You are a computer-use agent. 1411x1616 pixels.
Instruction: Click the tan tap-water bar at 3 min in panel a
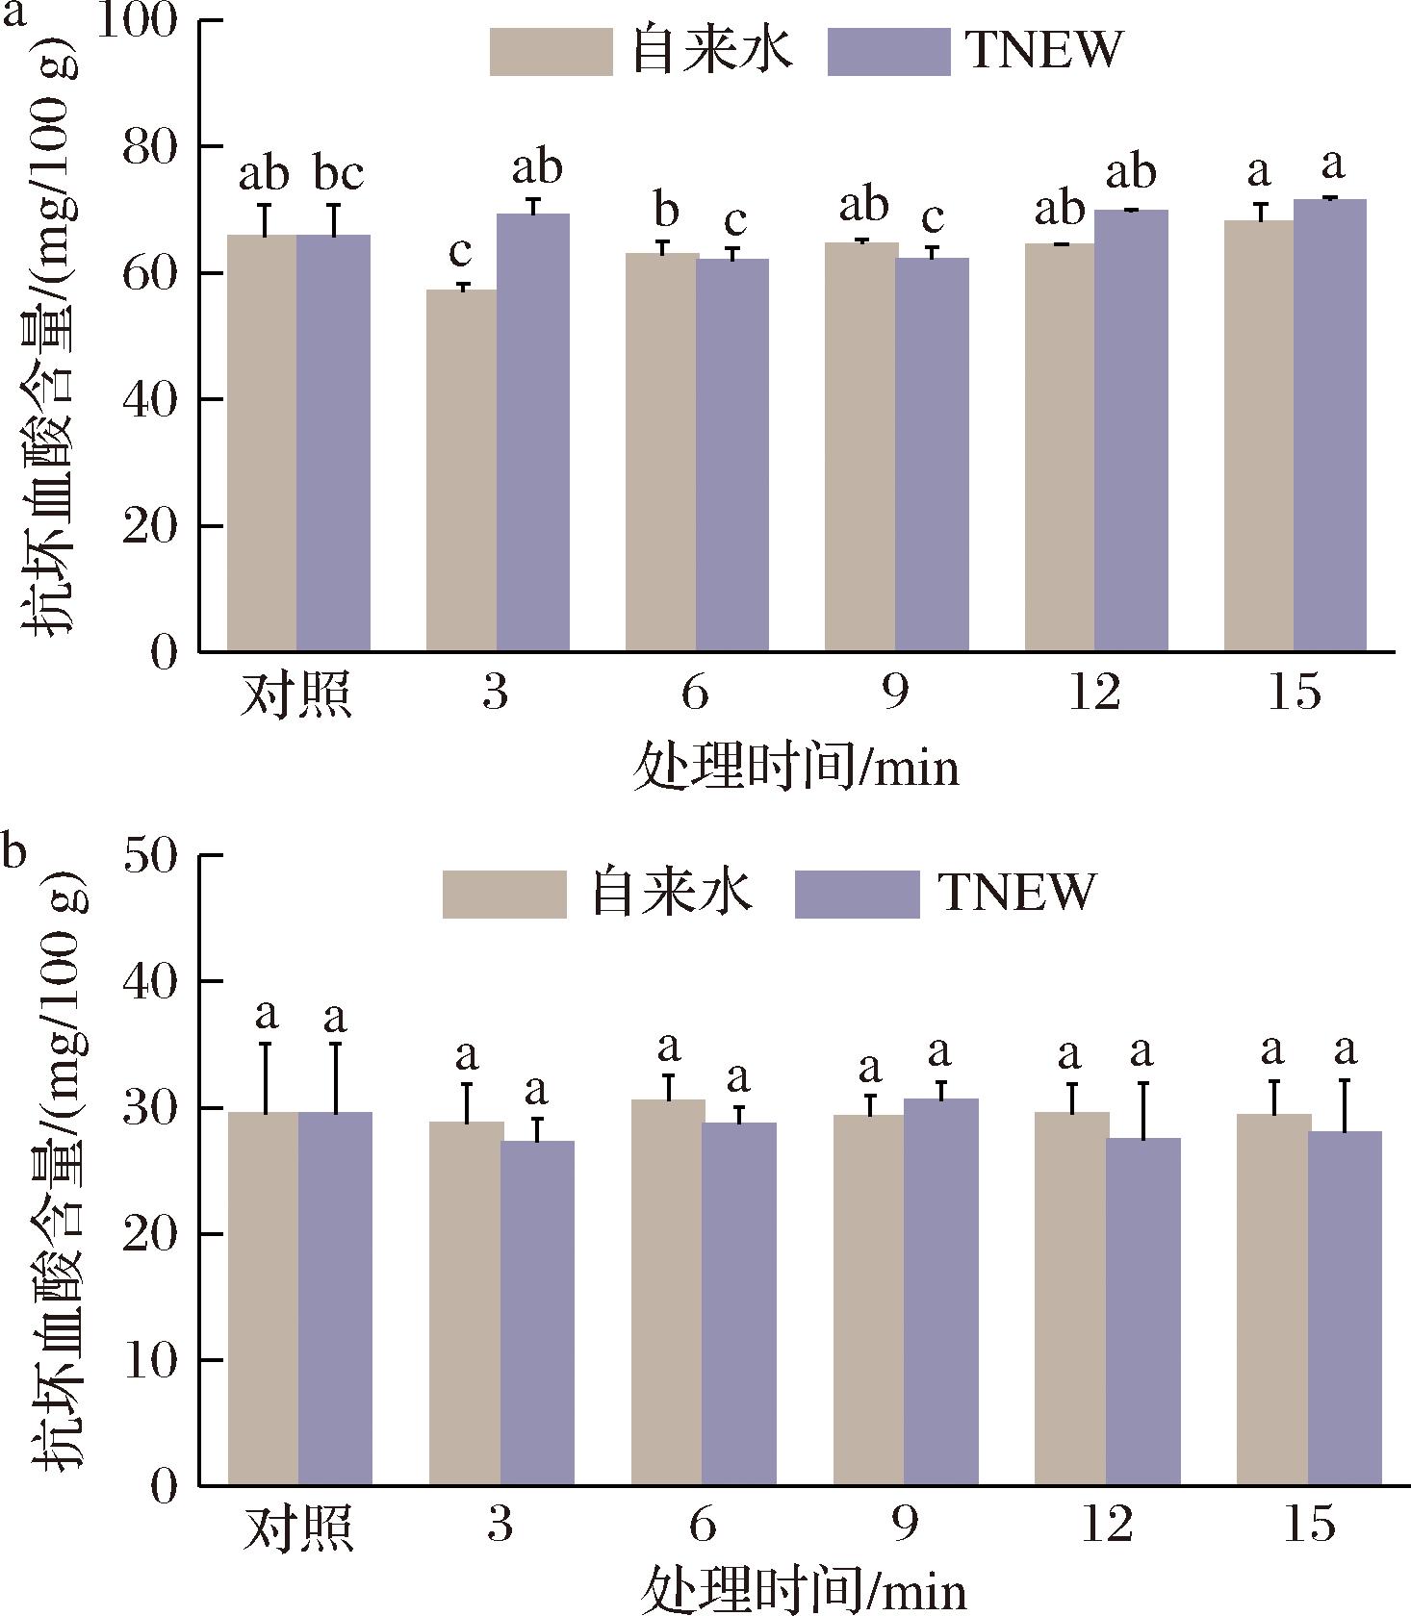(x=461, y=470)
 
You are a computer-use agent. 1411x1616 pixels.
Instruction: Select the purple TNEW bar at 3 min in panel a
(x=533, y=433)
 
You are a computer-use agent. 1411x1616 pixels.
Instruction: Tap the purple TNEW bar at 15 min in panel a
(x=1330, y=425)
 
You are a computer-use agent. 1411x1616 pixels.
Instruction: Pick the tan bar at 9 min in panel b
(x=868, y=1300)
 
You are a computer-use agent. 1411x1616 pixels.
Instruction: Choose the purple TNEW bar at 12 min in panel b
(x=1143, y=1311)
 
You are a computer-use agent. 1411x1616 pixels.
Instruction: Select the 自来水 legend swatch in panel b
(x=504, y=894)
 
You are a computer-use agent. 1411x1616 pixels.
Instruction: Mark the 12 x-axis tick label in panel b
(x=1107, y=1526)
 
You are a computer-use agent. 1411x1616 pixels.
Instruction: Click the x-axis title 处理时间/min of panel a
(x=796, y=770)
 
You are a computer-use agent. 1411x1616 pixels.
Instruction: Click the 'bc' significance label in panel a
(x=339, y=174)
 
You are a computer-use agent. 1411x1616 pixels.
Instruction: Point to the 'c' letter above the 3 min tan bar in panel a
(x=461, y=252)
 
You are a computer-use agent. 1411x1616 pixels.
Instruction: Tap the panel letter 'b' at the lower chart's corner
(x=13, y=852)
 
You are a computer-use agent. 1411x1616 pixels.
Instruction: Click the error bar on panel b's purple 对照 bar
(x=336, y=1076)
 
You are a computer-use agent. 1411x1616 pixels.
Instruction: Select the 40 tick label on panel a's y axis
(x=151, y=400)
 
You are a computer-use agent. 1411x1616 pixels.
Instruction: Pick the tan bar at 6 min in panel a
(x=661, y=452)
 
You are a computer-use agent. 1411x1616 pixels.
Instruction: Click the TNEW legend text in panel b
(x=1018, y=893)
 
